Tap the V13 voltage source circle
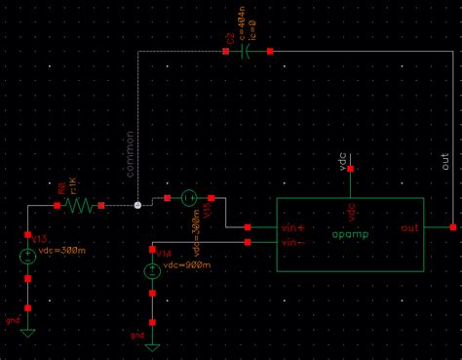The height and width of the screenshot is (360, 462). pyautogui.click(x=27, y=258)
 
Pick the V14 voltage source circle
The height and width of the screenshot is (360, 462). pyautogui.click(x=152, y=271)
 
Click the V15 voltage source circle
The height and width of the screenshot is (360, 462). pyautogui.click(x=192, y=198)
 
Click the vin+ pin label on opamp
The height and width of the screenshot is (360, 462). pyautogui.click(x=291, y=227)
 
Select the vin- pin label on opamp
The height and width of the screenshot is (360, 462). pyautogui.click(x=291, y=240)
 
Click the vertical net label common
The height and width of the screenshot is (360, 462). pyautogui.click(x=129, y=153)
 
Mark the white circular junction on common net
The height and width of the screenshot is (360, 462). pyautogui.click(x=137, y=205)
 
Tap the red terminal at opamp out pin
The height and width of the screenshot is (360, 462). pyautogui.click(x=452, y=226)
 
